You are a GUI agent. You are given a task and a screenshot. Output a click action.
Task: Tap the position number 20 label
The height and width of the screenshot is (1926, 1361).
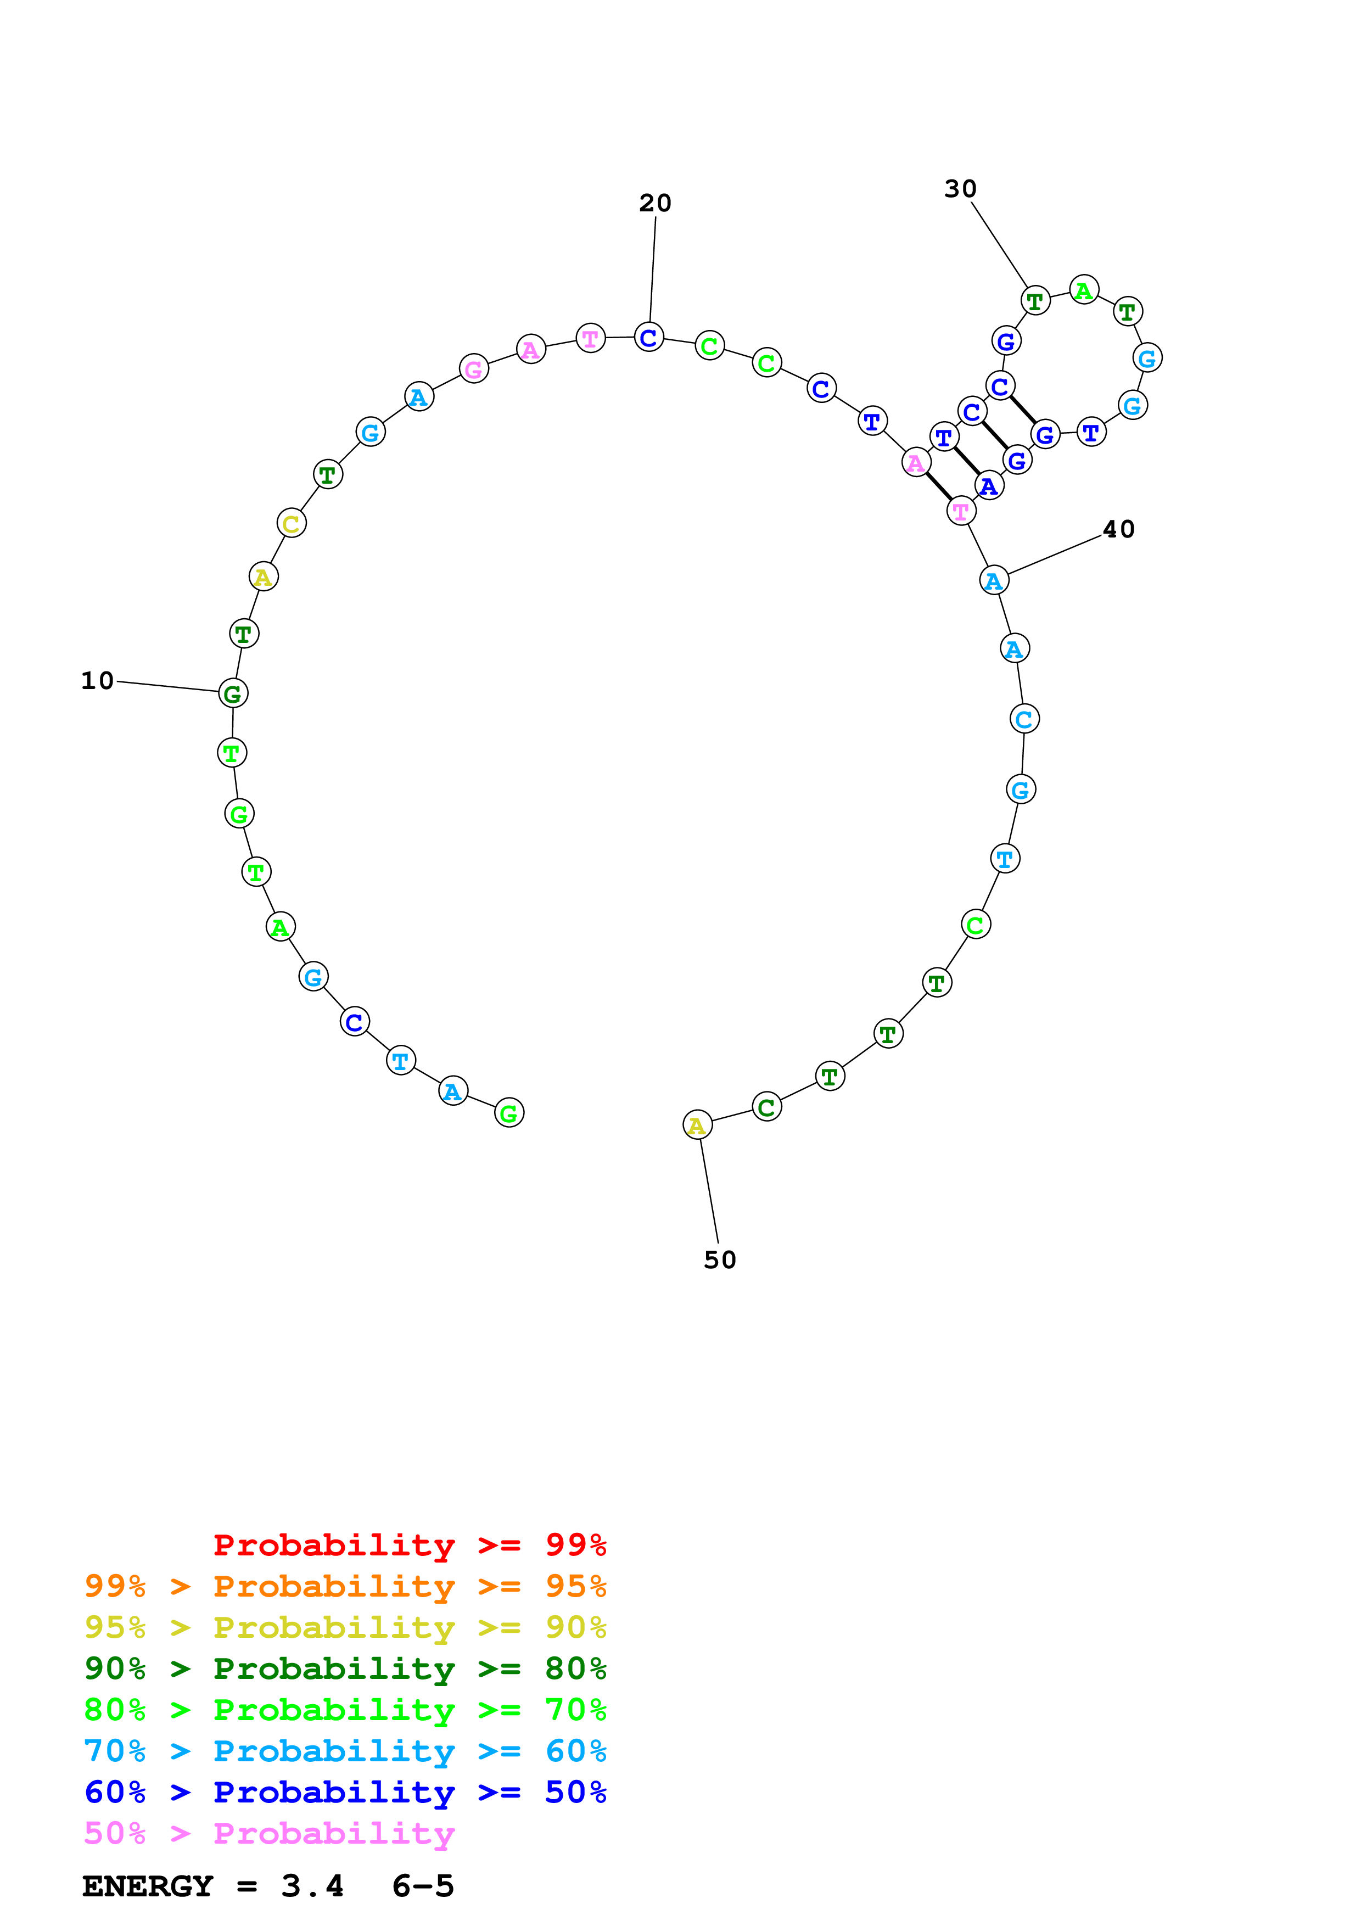click(655, 203)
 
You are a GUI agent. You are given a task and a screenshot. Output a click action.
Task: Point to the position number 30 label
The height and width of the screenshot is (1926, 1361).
click(960, 189)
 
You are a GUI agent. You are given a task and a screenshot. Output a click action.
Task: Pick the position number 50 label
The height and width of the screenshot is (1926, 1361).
click(720, 1260)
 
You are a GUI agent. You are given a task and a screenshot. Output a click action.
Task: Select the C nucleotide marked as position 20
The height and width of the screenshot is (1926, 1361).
click(649, 338)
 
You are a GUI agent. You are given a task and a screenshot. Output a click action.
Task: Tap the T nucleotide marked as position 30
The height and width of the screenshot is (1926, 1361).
click(1035, 300)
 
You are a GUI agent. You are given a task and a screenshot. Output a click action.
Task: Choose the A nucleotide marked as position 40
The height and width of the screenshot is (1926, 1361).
click(994, 580)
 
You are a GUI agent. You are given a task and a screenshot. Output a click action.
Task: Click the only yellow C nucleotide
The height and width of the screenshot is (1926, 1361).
click(291, 523)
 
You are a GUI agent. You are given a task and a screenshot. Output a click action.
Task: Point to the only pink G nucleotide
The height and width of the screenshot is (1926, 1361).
click(474, 368)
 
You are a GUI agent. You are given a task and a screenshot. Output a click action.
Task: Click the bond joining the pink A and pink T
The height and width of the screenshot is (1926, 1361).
click(938, 486)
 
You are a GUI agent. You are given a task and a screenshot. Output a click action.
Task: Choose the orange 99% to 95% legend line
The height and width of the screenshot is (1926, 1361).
click(345, 1586)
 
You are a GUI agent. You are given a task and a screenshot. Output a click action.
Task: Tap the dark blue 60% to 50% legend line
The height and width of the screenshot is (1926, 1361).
click(345, 1793)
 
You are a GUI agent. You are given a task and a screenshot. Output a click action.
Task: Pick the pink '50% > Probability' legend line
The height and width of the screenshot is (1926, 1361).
click(269, 1834)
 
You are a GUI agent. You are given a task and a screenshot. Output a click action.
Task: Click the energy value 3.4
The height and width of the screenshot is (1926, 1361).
click(312, 1886)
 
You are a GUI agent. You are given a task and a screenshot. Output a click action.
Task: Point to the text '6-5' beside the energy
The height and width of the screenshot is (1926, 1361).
click(423, 1886)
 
